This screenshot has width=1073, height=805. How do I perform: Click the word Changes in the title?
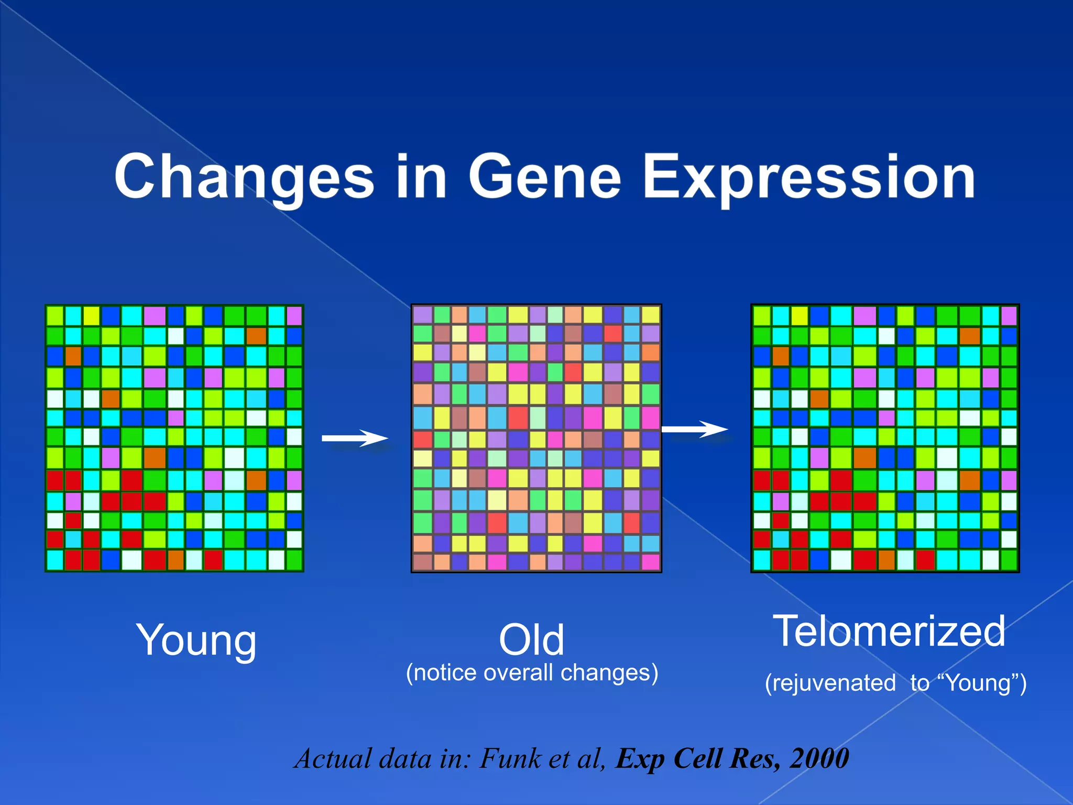[x=244, y=178]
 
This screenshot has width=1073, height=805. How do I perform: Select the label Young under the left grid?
[x=196, y=640]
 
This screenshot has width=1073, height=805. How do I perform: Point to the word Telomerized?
[x=889, y=632]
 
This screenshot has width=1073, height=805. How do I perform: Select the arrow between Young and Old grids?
[x=355, y=438]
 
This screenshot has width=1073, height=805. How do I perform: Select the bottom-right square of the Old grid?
[x=650, y=562]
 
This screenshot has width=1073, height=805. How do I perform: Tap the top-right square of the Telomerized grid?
[x=1009, y=316]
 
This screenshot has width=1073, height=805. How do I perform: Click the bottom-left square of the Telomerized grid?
[x=762, y=560]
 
